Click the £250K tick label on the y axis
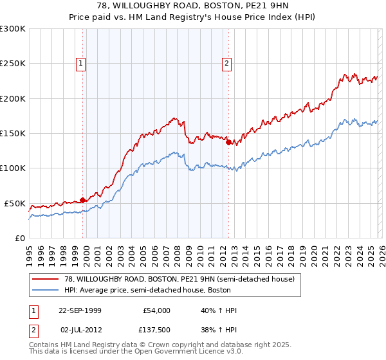12,64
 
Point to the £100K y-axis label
12,168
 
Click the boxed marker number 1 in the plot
81,63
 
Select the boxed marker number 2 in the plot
228,63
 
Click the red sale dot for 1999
83,200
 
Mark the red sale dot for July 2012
228,142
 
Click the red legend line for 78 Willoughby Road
45,279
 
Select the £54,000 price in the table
156,310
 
